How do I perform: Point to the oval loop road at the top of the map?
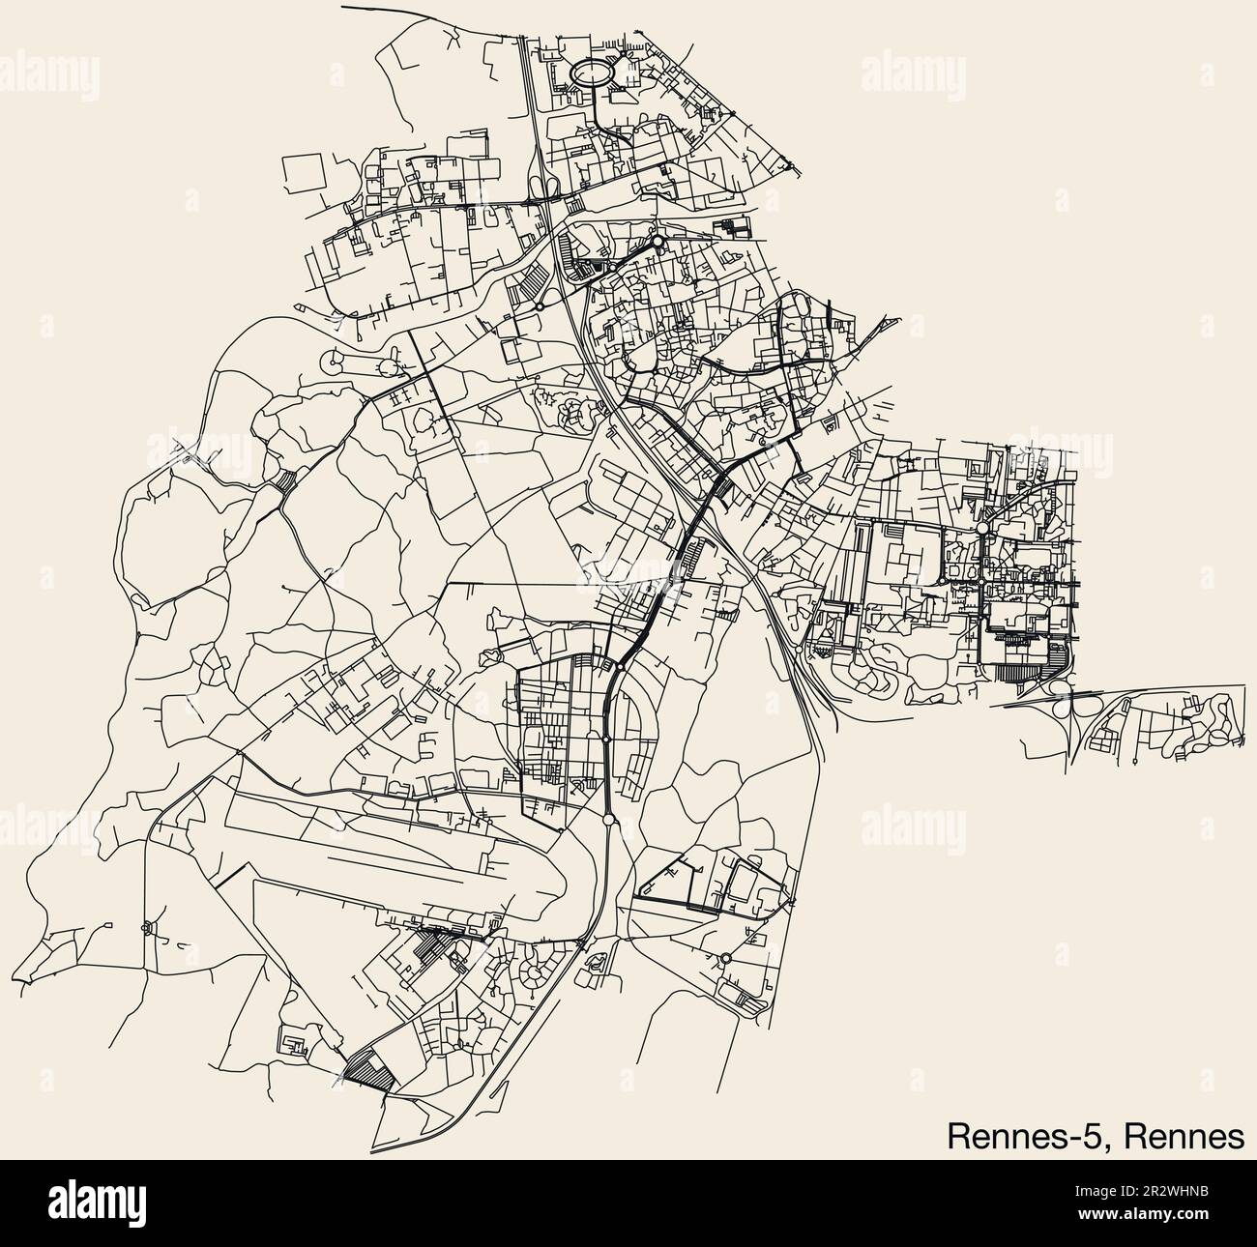pos(591,72)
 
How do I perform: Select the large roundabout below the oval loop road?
pos(657,241)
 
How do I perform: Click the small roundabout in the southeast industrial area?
pos(725,958)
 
